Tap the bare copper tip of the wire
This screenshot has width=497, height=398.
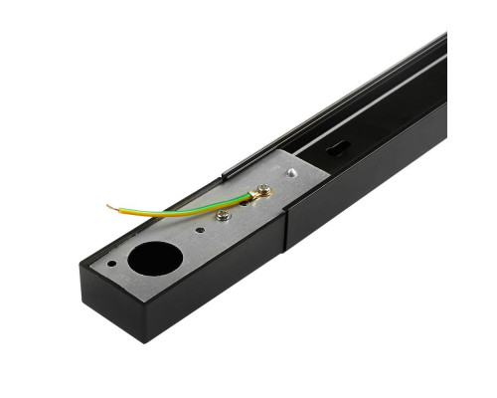click(110, 207)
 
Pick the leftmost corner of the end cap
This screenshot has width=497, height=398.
click(79, 264)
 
